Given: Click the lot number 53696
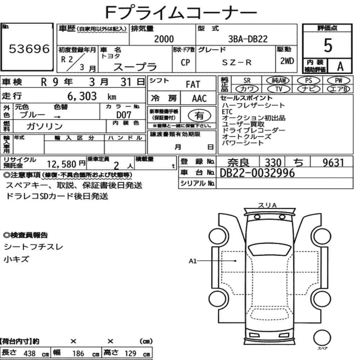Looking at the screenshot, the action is click(x=29, y=49).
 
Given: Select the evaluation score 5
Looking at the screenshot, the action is click(x=328, y=45).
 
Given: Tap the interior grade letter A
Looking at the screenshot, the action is click(x=340, y=67).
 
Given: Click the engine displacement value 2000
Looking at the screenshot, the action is click(x=164, y=39).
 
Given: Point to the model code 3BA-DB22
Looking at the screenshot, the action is click(x=248, y=39).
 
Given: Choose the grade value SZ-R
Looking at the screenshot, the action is click(x=237, y=62).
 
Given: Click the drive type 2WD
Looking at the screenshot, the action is click(x=287, y=61).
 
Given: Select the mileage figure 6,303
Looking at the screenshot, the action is click(x=82, y=96).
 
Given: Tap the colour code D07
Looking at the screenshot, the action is click(x=124, y=115).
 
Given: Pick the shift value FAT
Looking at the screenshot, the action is click(x=193, y=84).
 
